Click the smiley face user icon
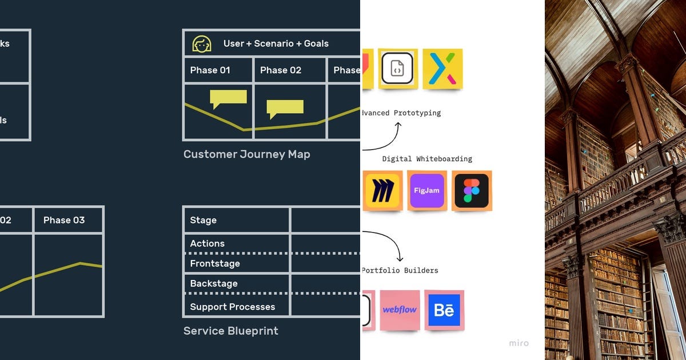202,43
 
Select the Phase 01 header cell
210,70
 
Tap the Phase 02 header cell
281,70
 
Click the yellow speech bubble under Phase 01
228,98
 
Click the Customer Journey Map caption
246,154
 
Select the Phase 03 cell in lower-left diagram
64,220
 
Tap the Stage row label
204,220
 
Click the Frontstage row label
215,263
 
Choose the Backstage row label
214,283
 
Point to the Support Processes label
233,307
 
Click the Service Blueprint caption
231,331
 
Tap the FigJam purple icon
427,190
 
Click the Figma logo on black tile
472,190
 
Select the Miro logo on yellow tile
382,190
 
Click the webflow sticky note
400,310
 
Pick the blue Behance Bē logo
444,310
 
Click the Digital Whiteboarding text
427,159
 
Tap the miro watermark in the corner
519,343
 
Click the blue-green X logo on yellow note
442,69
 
